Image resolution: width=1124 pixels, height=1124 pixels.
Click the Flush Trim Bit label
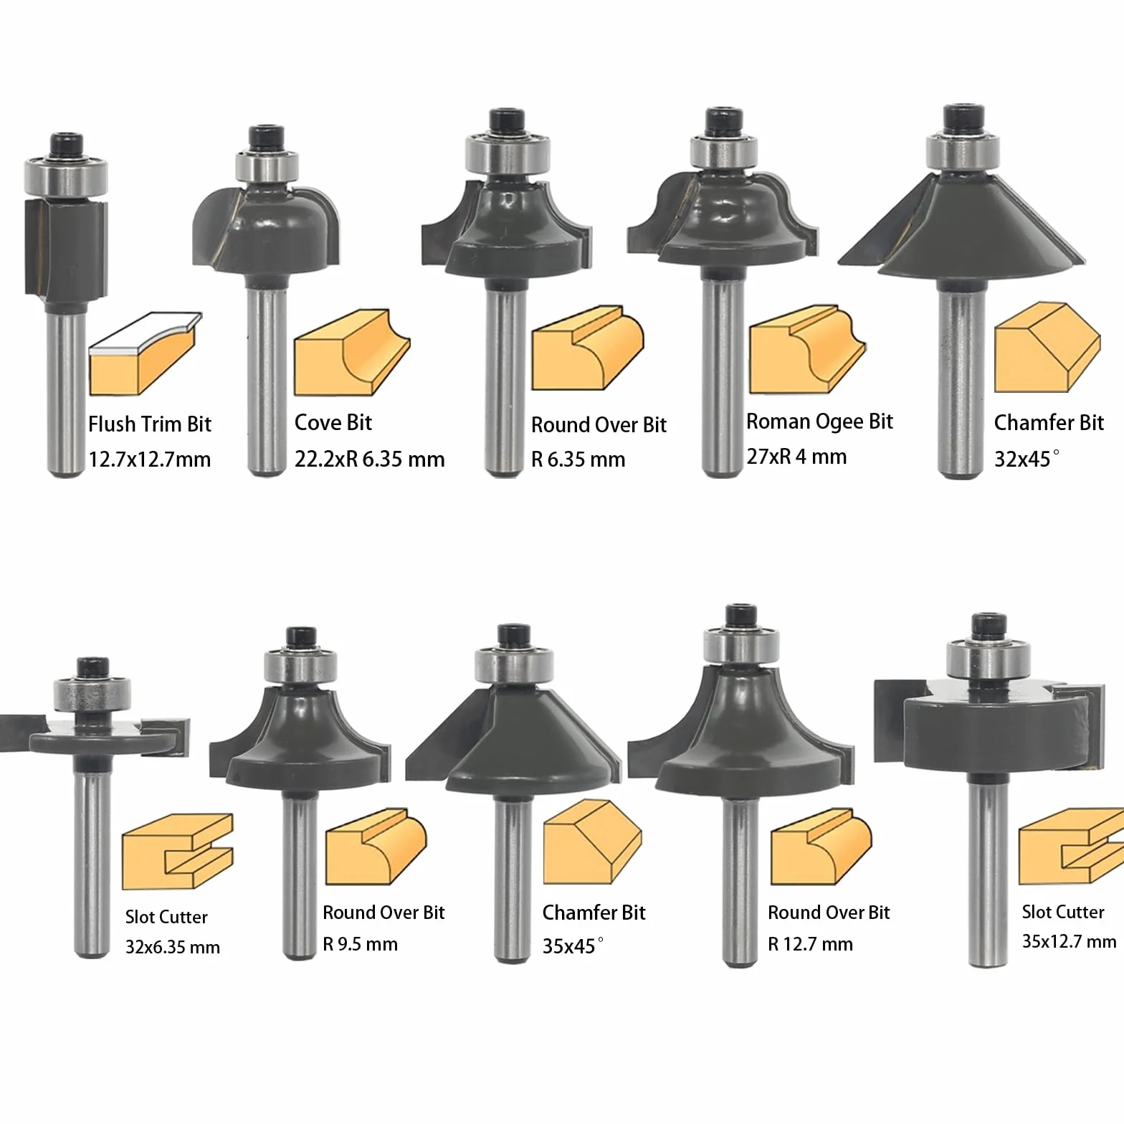coord(150,424)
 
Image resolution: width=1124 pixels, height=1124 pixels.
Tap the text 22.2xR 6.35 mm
coord(369,459)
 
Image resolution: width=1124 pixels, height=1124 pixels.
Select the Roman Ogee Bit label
coord(819,421)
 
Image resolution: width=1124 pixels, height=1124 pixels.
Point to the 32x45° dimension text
coord(1026,458)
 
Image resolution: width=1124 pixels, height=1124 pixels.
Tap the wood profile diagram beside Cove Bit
coord(352,351)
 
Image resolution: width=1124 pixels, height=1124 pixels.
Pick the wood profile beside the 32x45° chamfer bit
coord(1047,347)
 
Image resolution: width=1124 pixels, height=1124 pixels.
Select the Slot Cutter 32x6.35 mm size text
coord(173,947)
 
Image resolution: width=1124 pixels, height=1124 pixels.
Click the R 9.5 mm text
coord(360,943)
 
